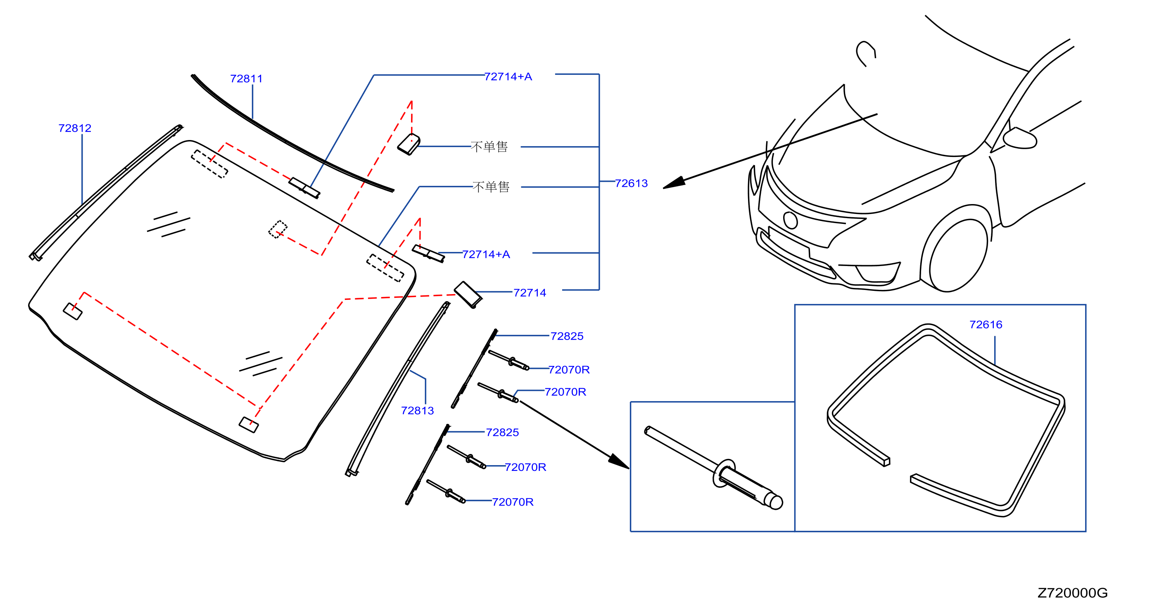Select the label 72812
tap(75, 128)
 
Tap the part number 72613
tap(631, 183)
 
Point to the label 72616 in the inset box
tap(986, 325)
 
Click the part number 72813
tap(417, 411)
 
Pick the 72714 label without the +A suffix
tap(530, 293)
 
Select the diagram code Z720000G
tap(1072, 593)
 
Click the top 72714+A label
tap(508, 77)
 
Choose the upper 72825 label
tap(567, 336)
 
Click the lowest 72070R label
tap(513, 502)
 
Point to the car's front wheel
tap(958, 256)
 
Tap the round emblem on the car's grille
tap(790, 221)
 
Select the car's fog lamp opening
tap(877, 273)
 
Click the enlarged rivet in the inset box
tap(713, 468)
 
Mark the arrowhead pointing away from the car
tap(674, 183)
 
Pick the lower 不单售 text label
tap(491, 187)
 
